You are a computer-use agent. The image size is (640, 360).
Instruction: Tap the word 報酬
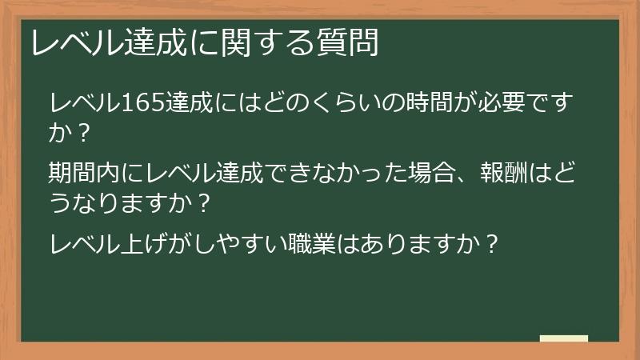509,172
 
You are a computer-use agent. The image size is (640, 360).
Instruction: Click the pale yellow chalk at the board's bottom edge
564,338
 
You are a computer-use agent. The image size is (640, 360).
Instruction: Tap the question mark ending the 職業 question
493,242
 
